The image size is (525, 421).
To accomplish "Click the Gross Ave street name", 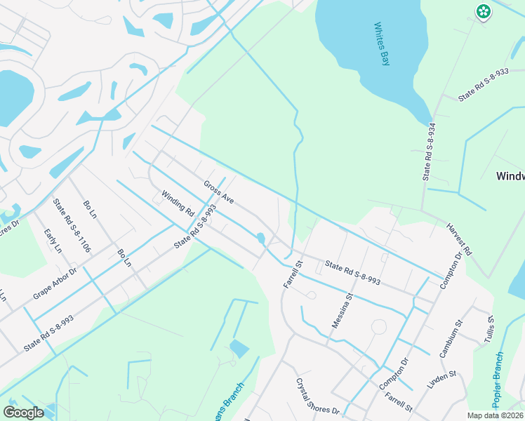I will tap(218, 192).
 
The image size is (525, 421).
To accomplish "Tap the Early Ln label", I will tap(53, 241).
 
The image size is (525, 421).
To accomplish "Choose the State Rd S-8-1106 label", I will tap(72, 225).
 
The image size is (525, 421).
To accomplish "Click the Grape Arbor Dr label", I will tap(54, 283).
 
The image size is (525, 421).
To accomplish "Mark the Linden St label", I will tap(441, 380).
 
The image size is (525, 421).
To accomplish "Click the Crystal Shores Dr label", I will tap(317, 396).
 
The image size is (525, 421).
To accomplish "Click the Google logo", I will tap(23, 413).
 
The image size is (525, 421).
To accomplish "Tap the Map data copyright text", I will tap(495, 415).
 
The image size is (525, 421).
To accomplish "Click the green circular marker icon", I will tap(483, 11).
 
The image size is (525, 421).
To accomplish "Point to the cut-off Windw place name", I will tap(510, 175).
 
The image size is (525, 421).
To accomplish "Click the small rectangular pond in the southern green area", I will tap(239, 348).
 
